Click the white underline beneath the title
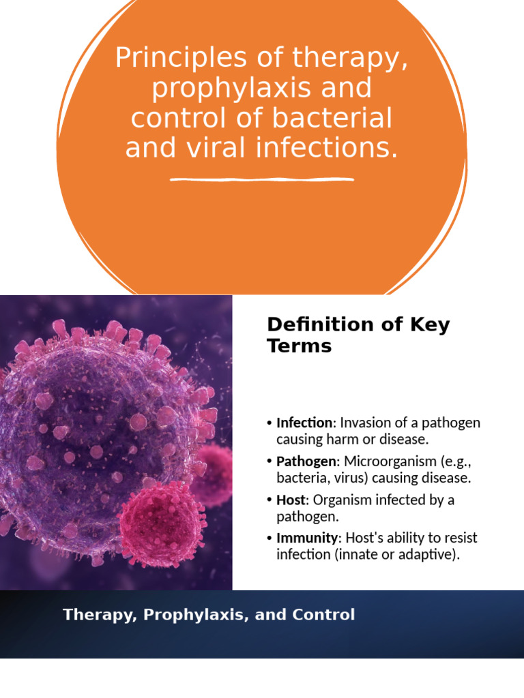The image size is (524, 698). (x=261, y=180)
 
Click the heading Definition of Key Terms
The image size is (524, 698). (x=358, y=335)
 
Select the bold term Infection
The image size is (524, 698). (x=303, y=423)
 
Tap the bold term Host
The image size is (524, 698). (x=290, y=500)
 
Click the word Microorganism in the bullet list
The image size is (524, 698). (x=394, y=461)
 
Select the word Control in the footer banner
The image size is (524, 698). (x=323, y=615)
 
